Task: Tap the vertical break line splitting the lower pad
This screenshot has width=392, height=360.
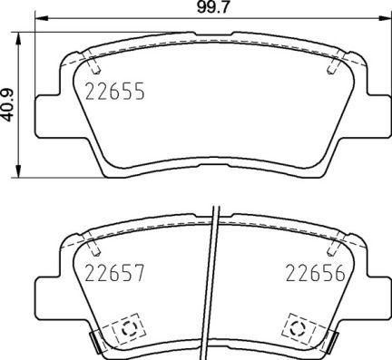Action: [x=213, y=281]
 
